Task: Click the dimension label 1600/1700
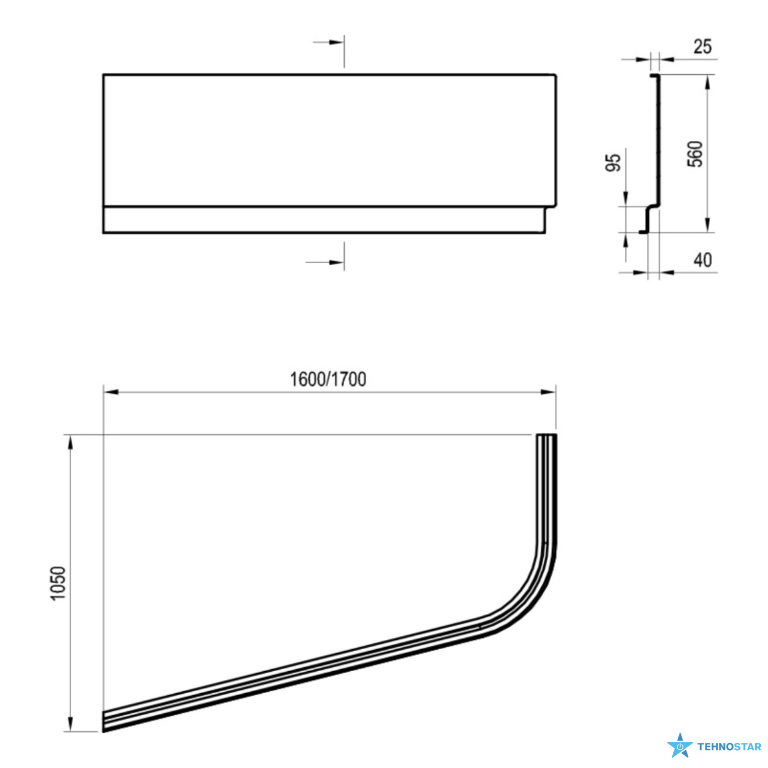[x=328, y=379]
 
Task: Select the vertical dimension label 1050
[x=58, y=583]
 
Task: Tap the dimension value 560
[x=695, y=154]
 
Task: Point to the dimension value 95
[x=613, y=162]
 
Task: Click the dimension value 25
[x=702, y=47]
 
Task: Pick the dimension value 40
[x=702, y=260]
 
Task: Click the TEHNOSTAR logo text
[x=729, y=747]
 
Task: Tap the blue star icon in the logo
[x=680, y=745]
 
